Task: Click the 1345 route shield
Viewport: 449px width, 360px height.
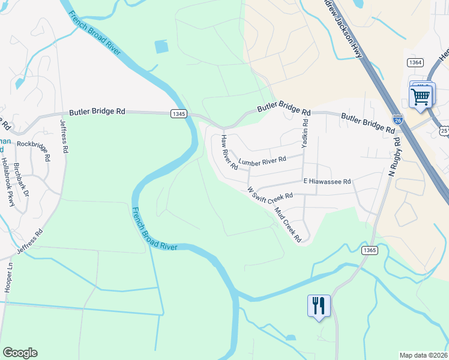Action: [x=178, y=114]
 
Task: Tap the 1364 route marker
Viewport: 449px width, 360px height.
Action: [x=415, y=62]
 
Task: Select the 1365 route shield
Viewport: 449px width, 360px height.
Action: [x=369, y=251]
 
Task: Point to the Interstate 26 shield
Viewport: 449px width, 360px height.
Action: [x=397, y=119]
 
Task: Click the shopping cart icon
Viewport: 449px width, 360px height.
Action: [x=421, y=95]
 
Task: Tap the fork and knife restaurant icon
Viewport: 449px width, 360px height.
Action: [x=318, y=305]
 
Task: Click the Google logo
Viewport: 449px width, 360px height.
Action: [x=20, y=353]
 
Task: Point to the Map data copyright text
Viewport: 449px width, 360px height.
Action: [x=423, y=355]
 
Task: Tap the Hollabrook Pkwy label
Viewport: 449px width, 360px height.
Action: [x=7, y=182]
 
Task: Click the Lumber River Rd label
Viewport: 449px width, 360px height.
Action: [x=262, y=161]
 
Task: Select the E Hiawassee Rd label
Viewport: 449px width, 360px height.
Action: [x=327, y=181]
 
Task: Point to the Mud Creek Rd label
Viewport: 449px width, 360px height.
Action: [x=288, y=224]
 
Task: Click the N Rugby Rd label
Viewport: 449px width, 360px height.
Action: [x=395, y=155]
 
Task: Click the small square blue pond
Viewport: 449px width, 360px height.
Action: [x=161, y=47]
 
